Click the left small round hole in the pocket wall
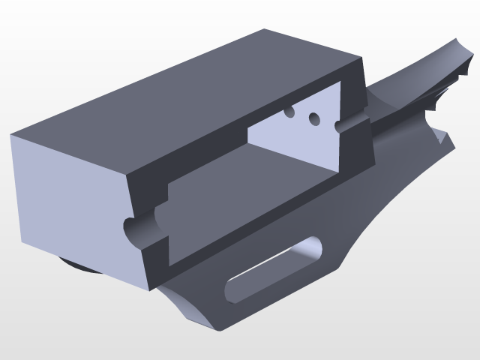(289, 112)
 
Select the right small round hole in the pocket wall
(314, 118)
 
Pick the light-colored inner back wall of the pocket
(292, 139)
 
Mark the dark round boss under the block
(75, 266)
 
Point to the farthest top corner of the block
(265, 29)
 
